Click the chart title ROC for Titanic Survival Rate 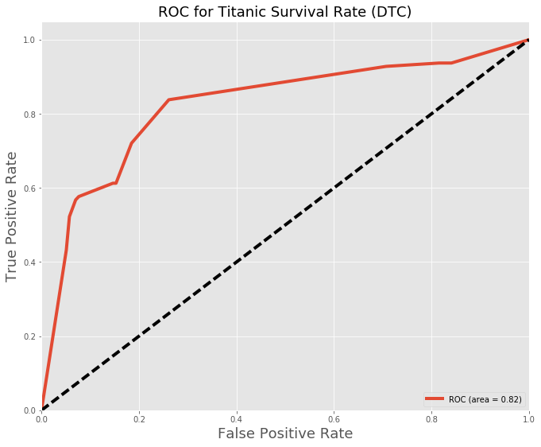click(x=284, y=12)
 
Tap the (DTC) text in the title click(x=389, y=12)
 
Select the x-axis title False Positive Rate click(x=284, y=433)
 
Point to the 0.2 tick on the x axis click(x=139, y=418)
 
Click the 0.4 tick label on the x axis click(x=237, y=418)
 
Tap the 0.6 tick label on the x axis click(x=334, y=418)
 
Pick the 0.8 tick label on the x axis click(x=431, y=418)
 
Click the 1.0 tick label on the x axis click(x=527, y=418)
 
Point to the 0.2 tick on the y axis click(x=29, y=336)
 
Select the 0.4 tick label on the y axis click(x=29, y=262)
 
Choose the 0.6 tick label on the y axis click(x=29, y=189)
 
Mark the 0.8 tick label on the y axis click(x=29, y=115)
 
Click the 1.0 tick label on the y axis click(x=29, y=41)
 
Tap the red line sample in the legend click(x=435, y=398)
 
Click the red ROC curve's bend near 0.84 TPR click(x=168, y=100)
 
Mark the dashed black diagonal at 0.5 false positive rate click(x=285, y=225)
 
